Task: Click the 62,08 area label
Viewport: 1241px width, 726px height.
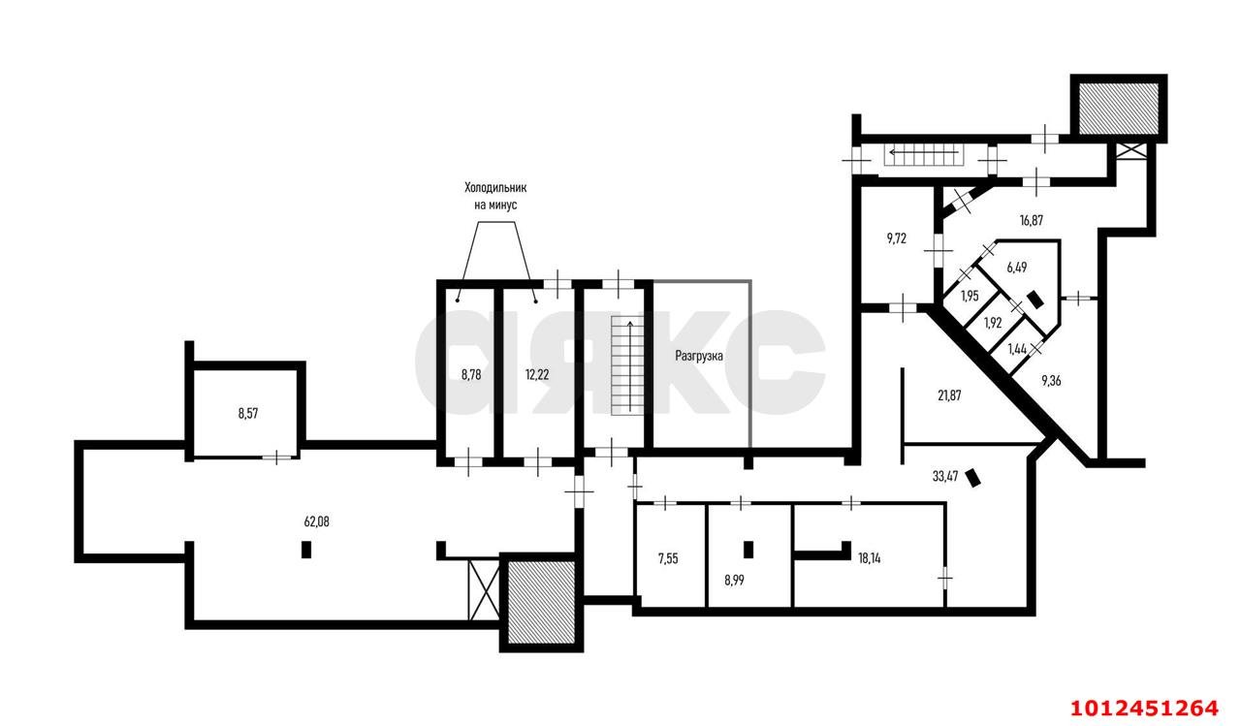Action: [x=316, y=521]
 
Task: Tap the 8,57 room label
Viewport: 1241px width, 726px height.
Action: [x=247, y=414]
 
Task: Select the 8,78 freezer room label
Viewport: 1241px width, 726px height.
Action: [x=471, y=375]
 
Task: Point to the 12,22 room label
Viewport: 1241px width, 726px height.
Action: [x=537, y=375]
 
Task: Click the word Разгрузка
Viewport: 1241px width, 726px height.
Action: [x=699, y=356]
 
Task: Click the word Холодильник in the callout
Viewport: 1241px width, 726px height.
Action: [x=495, y=188]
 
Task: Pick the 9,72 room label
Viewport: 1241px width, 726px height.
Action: [x=897, y=238]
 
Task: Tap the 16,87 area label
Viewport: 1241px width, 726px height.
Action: [x=1031, y=220]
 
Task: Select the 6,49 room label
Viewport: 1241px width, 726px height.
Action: [x=1017, y=268]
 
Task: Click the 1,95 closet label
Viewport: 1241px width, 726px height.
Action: [x=970, y=296]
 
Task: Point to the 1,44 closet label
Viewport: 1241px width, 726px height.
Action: [x=1017, y=349]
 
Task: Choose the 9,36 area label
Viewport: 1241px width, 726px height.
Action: [x=1051, y=380]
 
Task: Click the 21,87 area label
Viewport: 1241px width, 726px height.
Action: [x=949, y=395]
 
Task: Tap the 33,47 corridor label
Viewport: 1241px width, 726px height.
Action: [x=945, y=476]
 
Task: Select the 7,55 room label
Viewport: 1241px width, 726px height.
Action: [x=668, y=558]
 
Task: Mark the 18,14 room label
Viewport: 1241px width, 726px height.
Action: [x=870, y=558]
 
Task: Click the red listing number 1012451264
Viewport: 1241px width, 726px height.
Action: [x=1144, y=708]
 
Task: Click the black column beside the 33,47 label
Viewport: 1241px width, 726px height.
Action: [x=972, y=478]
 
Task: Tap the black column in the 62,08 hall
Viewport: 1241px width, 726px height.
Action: [x=305, y=550]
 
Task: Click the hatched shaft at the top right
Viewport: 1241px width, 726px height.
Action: [x=1119, y=109]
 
